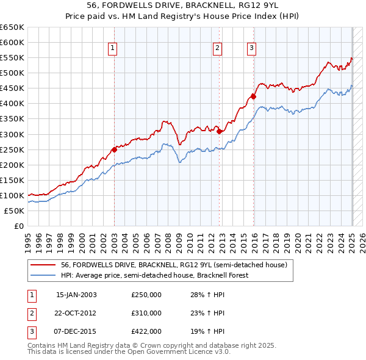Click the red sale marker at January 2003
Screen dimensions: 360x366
[x=114, y=149]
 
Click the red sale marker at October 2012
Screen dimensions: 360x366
[x=219, y=130]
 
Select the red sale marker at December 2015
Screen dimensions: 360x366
[x=253, y=96]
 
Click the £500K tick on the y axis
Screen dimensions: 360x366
[x=12, y=73]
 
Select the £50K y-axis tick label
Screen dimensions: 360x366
[x=15, y=211]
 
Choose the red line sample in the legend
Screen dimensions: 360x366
[x=43, y=265]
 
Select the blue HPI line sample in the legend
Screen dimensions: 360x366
[x=43, y=275]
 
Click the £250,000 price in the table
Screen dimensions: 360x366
[x=146, y=295]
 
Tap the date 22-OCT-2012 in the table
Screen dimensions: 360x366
[x=76, y=313]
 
